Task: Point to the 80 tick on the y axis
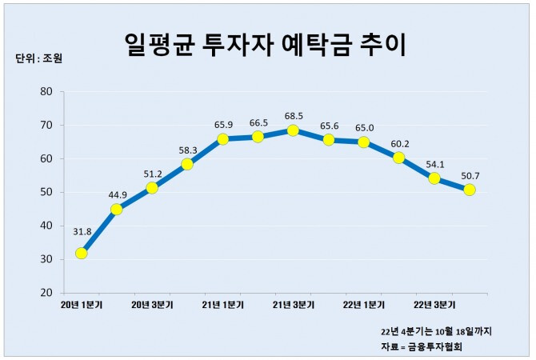point(47,91)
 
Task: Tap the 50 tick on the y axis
point(47,192)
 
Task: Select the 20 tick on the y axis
point(47,293)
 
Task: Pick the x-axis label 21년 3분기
point(293,304)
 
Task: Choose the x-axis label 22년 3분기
point(434,304)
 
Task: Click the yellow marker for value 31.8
point(81,254)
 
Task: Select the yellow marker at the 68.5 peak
point(293,130)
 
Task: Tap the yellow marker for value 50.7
point(470,190)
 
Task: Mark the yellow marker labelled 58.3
point(187,164)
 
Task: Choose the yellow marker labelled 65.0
point(363,142)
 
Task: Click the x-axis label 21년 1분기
point(222,304)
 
